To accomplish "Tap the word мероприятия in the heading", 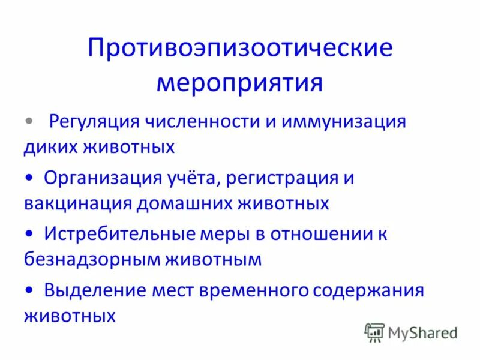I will [240, 83].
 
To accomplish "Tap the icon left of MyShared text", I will [374, 332].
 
